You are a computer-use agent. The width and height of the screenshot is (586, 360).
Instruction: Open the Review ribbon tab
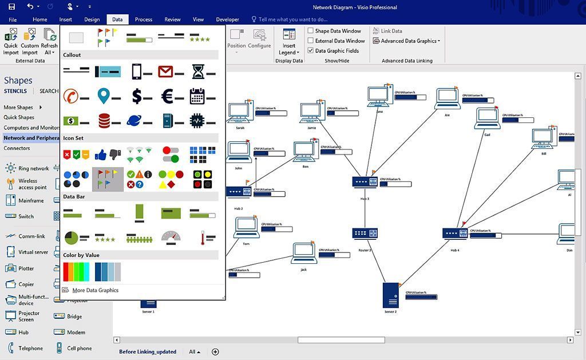point(172,19)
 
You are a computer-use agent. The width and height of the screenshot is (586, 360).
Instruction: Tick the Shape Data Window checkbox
point(311,31)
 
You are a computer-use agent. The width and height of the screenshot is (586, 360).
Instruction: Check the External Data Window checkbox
point(311,41)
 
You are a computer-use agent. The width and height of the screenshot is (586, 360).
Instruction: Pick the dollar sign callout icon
point(137,96)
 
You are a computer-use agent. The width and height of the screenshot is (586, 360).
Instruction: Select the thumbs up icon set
point(108,154)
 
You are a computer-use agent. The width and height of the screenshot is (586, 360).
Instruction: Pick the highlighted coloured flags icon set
point(108,179)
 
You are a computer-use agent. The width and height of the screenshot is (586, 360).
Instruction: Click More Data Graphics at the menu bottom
point(95,290)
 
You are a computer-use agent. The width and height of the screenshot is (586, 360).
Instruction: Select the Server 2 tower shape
point(390,295)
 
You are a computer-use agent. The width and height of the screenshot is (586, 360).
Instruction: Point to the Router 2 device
point(365,234)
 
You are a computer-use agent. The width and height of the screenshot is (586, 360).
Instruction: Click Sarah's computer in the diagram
point(239,112)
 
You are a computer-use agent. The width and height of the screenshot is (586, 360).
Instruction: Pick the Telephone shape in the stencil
point(30,348)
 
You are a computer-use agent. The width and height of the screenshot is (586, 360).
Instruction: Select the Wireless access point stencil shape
point(32,184)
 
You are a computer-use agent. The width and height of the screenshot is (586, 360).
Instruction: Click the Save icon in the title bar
point(11,7)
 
